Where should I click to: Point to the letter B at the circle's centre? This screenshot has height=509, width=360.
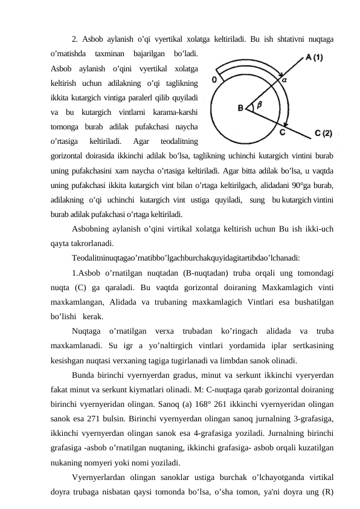[x=240, y=108]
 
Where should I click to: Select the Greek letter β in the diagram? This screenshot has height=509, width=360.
[x=259, y=104]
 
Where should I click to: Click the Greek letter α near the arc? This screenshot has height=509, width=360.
[x=284, y=78]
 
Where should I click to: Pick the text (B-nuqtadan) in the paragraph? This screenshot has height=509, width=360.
[x=185, y=270]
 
